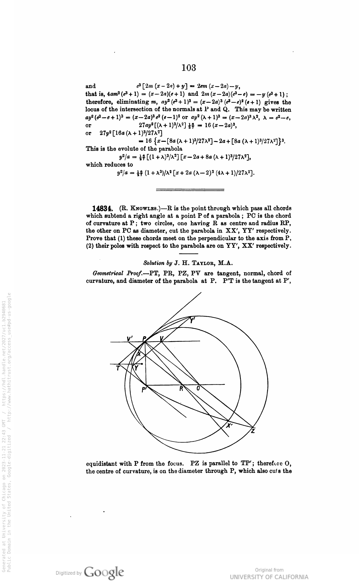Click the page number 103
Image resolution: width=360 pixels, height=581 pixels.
click(188, 68)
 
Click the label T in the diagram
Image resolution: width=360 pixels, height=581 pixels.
click(118, 368)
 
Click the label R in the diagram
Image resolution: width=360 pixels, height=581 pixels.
click(181, 389)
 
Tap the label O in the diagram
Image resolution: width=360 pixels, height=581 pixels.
click(198, 389)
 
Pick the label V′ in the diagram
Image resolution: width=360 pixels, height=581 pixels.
click(130, 338)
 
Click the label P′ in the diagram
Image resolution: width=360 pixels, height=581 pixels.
click(144, 389)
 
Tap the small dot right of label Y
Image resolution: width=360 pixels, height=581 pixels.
click(142, 364)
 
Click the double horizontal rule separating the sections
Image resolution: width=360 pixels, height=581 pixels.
click(190, 190)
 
